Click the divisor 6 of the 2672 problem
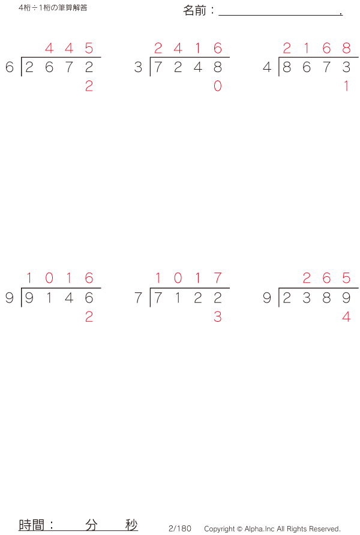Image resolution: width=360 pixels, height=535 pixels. coord(9,68)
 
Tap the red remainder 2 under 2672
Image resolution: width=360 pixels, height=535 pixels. coord(89,86)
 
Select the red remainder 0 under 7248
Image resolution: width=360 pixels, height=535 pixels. coord(217,86)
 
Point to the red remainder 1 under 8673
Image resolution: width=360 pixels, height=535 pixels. coord(346,86)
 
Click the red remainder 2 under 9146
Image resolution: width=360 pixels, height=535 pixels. coord(89,317)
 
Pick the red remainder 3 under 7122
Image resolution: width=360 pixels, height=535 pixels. coord(217,317)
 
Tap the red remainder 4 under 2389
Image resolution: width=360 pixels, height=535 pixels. coord(346,317)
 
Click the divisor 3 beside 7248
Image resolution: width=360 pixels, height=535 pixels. coord(138,68)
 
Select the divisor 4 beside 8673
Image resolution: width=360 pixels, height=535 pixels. coord(267,68)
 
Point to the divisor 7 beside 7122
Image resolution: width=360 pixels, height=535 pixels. coord(138,298)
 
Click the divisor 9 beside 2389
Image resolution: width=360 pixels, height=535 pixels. coord(267,298)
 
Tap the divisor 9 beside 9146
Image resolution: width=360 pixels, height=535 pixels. coord(9,298)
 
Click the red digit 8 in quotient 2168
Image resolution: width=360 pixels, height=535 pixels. coord(346,49)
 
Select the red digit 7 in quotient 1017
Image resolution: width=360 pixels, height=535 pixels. coord(217,279)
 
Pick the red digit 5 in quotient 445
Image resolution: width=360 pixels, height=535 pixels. coord(89,49)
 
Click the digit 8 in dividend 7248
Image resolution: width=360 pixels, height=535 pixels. coord(217,68)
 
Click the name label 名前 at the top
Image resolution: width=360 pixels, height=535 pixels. coord(195,11)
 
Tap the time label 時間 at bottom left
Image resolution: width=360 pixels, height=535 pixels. coord(32,525)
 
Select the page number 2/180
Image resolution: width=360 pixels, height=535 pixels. coord(179,529)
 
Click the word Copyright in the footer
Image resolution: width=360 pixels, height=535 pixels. coord(220,529)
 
